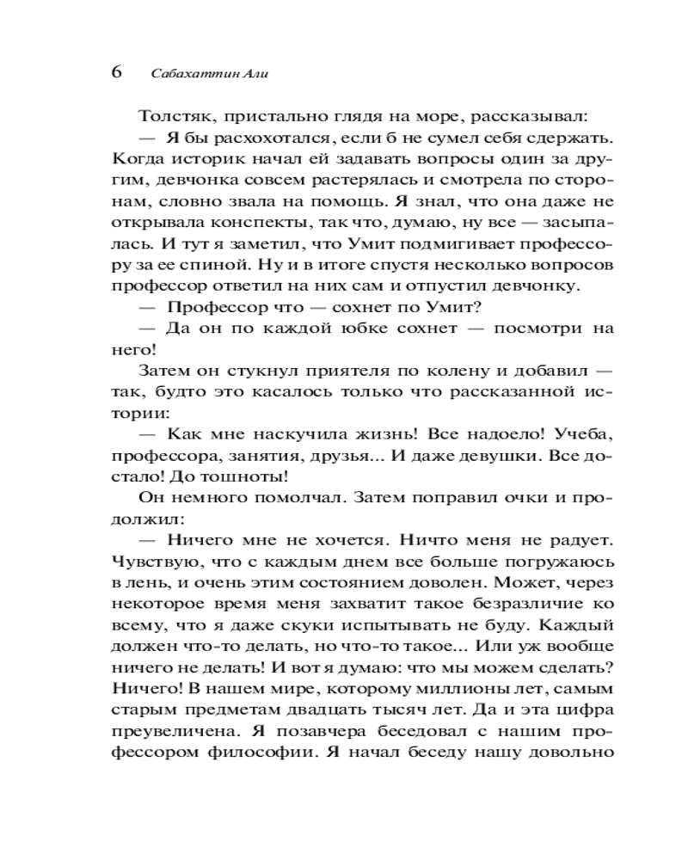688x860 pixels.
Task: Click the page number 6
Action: tap(118, 71)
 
